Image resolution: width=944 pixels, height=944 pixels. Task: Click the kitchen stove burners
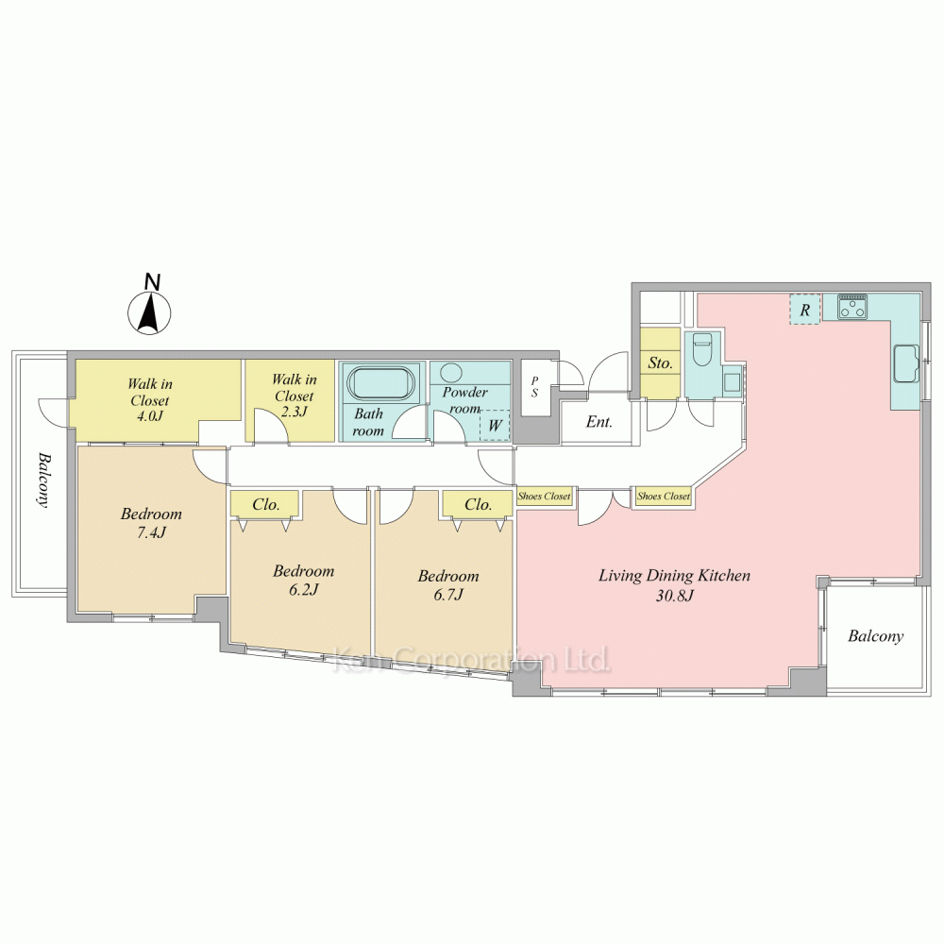pyautogui.click(x=852, y=307)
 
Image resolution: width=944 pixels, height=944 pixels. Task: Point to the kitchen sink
pyautogui.click(x=905, y=363)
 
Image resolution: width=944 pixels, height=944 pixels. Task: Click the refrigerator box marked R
pyautogui.click(x=805, y=310)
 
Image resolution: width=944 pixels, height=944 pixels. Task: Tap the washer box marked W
pyautogui.click(x=495, y=425)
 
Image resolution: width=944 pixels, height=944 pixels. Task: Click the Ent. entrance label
pyautogui.click(x=599, y=422)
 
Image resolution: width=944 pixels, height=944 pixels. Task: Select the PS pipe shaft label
pyautogui.click(x=534, y=387)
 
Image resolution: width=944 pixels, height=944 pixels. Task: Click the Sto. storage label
pyautogui.click(x=660, y=363)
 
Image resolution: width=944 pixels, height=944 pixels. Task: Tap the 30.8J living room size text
pyautogui.click(x=675, y=596)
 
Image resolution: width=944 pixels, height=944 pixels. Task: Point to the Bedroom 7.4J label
pyautogui.click(x=151, y=523)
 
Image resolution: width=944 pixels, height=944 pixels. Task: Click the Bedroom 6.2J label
pyautogui.click(x=303, y=580)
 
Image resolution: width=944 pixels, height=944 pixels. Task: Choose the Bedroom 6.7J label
pyautogui.click(x=448, y=584)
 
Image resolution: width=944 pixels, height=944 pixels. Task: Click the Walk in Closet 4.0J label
pyautogui.click(x=150, y=399)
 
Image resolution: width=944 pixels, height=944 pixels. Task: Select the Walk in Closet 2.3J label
pyautogui.click(x=294, y=396)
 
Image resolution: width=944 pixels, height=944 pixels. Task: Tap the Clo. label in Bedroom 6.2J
pyautogui.click(x=266, y=504)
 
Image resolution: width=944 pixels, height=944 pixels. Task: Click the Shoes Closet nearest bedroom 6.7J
pyautogui.click(x=545, y=497)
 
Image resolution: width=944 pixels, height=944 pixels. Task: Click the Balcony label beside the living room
pyautogui.click(x=875, y=636)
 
